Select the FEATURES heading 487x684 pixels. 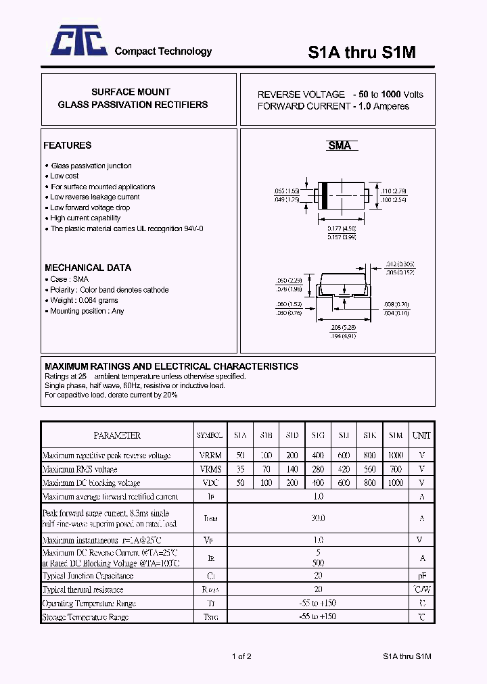point(67,145)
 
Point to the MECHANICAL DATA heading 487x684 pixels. point(88,268)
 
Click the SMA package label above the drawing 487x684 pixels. point(340,145)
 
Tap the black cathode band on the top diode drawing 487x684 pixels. point(325,195)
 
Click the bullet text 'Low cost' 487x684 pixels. point(64,176)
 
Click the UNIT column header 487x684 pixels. point(421,435)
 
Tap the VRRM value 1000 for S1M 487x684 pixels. point(396,456)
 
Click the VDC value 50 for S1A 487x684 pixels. point(240,483)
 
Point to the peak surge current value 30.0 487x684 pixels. point(318,518)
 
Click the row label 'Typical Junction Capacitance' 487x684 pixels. point(88,576)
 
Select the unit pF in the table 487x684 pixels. point(421,576)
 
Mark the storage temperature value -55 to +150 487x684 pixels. point(318,616)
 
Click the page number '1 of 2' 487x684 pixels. point(241,656)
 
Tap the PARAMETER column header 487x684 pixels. point(117,435)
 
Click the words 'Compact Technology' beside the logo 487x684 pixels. point(163,51)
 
